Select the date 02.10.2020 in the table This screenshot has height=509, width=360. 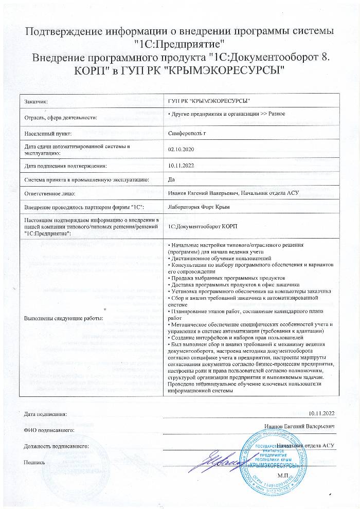pos(181,150)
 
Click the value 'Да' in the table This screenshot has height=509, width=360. pos(172,179)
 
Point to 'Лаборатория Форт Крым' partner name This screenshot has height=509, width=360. pos(198,207)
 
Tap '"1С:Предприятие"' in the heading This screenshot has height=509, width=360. pos(179,43)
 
